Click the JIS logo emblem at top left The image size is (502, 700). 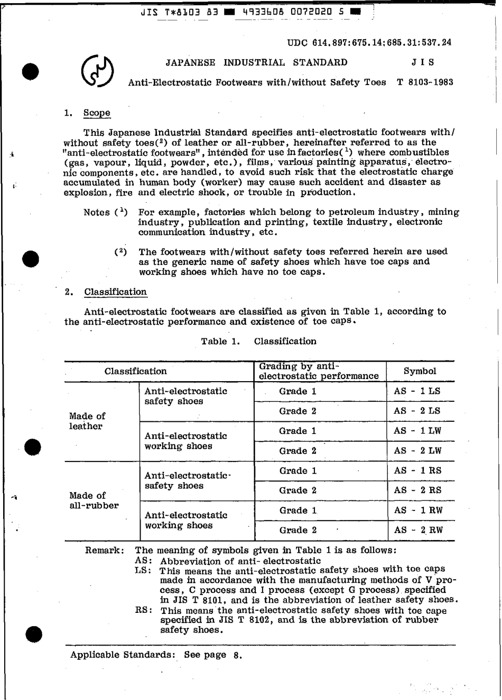click(x=97, y=71)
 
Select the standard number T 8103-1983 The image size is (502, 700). click(x=424, y=82)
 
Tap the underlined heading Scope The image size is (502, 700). click(x=97, y=113)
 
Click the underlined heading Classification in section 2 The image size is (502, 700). click(x=115, y=292)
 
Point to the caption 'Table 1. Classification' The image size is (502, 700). click(x=258, y=342)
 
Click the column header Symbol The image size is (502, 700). click(x=420, y=371)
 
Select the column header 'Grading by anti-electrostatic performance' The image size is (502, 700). click(x=319, y=371)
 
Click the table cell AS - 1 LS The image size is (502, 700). click(x=417, y=392)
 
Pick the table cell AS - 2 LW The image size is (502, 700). click(x=417, y=451)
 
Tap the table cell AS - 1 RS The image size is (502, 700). click(x=417, y=471)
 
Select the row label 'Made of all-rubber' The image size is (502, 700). click(x=94, y=500)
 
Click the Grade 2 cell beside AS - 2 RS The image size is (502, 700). click(x=298, y=490)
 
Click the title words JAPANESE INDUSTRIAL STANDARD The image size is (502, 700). click(x=256, y=63)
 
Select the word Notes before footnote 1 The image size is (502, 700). click(x=97, y=212)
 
